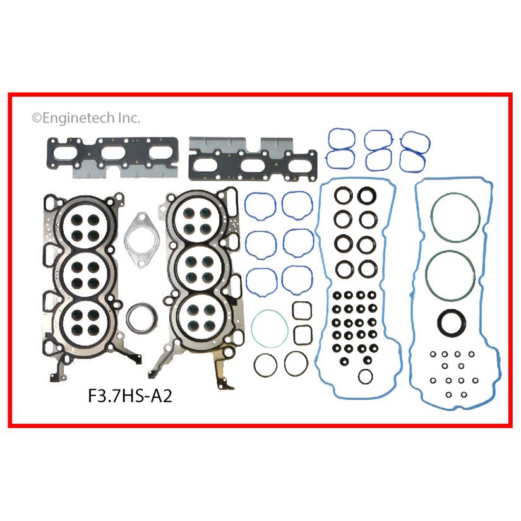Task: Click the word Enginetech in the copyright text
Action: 79,118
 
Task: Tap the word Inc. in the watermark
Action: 129,118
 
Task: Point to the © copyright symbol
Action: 37,119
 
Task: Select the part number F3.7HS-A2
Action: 130,396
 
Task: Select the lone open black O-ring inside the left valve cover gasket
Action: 359,376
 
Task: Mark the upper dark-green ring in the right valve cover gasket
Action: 432,218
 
